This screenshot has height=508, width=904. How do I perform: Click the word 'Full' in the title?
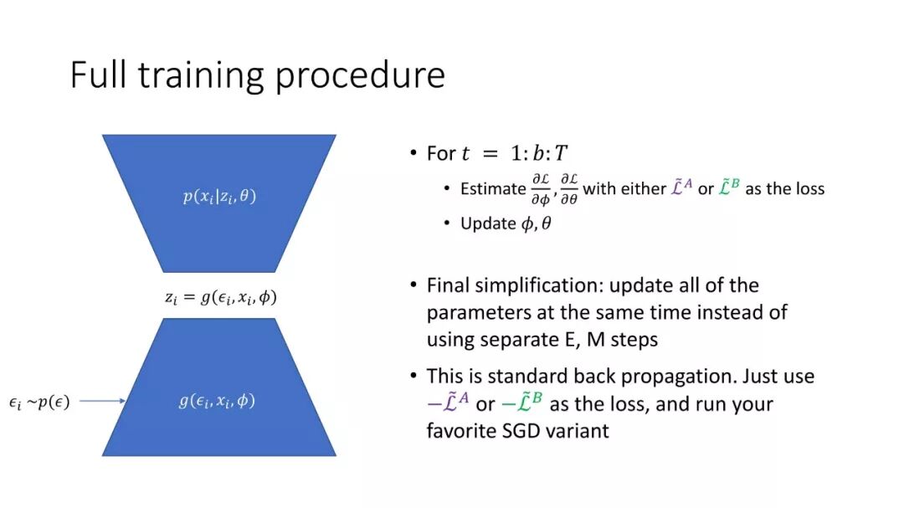pyautogui.click(x=98, y=74)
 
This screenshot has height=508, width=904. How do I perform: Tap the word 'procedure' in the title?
pyautogui.click(x=360, y=77)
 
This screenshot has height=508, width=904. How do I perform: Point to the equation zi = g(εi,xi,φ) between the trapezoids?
pyautogui.click(x=221, y=297)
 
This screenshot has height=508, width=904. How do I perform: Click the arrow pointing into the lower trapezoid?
pyautogui.click(x=103, y=401)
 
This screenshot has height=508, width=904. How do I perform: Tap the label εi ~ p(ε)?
pyautogui.click(x=39, y=402)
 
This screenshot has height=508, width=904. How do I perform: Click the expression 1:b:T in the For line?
pyautogui.click(x=539, y=153)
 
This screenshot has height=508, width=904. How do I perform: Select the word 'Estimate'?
pyautogui.click(x=493, y=188)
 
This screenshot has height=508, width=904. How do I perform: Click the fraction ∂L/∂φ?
pyautogui.click(x=541, y=189)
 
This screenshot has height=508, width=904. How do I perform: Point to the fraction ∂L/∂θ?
pyautogui.click(x=569, y=189)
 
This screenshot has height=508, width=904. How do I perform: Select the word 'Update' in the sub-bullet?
pyautogui.click(x=488, y=223)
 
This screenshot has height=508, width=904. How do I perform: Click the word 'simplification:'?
pyautogui.click(x=539, y=286)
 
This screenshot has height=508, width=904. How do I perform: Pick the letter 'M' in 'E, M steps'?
pyautogui.click(x=596, y=340)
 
